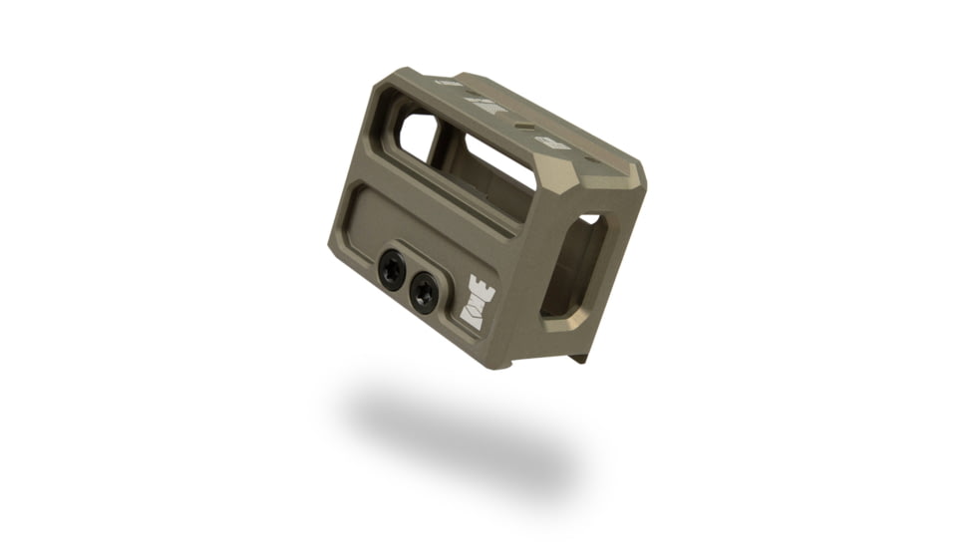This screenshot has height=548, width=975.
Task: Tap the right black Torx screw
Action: tap(424, 293)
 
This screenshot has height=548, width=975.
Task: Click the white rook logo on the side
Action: tap(480, 302)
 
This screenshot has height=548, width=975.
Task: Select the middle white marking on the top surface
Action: tap(486, 105)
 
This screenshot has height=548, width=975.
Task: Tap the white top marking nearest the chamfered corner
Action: tap(553, 142)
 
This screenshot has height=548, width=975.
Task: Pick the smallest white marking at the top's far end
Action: tap(449, 83)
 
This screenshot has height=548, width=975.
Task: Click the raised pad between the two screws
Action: tap(408, 279)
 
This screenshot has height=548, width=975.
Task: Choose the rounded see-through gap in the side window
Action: tap(417, 135)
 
